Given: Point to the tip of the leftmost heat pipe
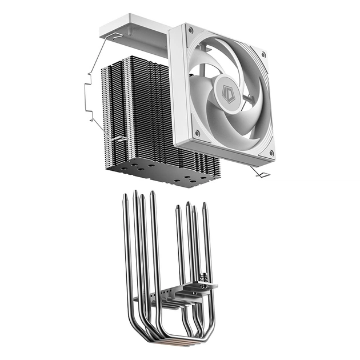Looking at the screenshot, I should pos(125,197).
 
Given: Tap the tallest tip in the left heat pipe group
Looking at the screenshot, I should pos(135,193).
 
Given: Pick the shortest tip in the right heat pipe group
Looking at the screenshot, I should pos(178,207).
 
